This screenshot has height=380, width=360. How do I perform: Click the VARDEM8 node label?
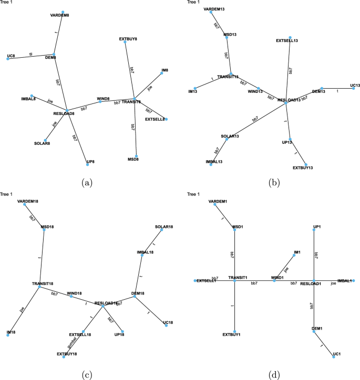pos(59,16)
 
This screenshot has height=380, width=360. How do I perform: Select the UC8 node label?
pos(11,55)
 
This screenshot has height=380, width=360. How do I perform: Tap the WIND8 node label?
pos(103,98)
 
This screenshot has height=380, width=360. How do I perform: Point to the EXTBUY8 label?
pos(128,38)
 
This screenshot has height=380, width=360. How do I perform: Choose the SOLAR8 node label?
pos(42,143)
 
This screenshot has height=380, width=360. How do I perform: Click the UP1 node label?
pos(316,227)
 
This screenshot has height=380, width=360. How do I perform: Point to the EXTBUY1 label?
pos(231,334)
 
